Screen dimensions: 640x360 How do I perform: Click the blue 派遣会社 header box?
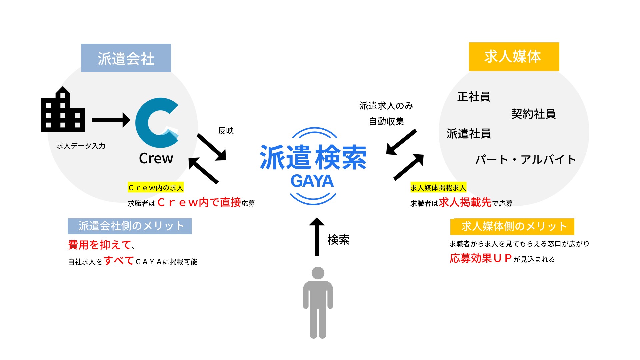pos(126,58)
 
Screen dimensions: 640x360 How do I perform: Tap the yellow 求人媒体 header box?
pos(514,57)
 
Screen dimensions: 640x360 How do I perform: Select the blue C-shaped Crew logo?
pos(157,123)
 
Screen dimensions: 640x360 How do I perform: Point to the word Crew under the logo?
pos(156,158)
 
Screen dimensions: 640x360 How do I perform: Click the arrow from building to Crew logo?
pos(111,120)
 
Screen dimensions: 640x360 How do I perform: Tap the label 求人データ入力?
pos(81,146)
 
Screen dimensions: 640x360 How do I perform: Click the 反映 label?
pos(226,131)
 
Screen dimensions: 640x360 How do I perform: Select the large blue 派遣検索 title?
pos(313,157)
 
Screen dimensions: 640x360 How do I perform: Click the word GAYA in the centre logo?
pos(312,181)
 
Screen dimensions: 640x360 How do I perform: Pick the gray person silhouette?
pos(318,303)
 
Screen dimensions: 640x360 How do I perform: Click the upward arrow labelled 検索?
pos(317,237)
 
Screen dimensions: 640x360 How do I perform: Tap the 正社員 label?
pos(474,97)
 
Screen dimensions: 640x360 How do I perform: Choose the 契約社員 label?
pos(533,114)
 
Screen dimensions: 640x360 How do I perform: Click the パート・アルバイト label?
pos(526,159)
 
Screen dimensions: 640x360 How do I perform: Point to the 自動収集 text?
pos(386,121)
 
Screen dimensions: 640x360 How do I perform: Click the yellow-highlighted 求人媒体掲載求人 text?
pos(438,188)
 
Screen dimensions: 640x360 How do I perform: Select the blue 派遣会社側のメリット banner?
pos(130,226)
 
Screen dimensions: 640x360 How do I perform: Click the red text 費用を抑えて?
pos(99,245)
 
